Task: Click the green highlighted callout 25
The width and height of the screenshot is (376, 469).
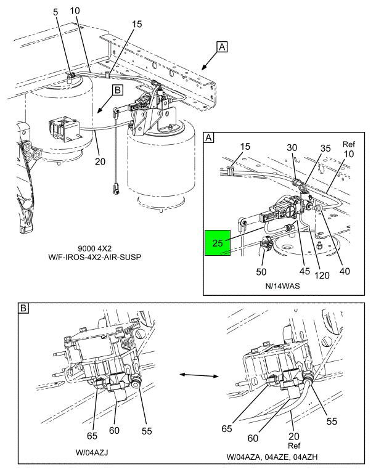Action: tap(218, 243)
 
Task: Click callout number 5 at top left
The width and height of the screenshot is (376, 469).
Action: tap(55, 12)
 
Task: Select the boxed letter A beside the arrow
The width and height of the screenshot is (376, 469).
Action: tap(222, 47)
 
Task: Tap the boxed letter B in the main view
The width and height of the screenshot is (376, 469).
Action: tap(118, 90)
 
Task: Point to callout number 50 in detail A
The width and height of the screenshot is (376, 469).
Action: tap(261, 272)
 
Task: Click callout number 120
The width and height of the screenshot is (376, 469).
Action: tap(322, 275)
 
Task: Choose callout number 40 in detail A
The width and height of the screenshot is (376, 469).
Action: tap(345, 271)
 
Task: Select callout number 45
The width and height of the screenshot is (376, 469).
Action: tap(304, 271)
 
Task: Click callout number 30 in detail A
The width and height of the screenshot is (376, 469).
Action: tap(292, 147)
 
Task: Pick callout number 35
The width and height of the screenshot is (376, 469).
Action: tap(325, 148)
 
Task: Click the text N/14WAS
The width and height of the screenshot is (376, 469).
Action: tap(282, 286)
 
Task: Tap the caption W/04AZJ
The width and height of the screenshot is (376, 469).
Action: tap(92, 452)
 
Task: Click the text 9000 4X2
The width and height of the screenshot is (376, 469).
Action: tap(94, 248)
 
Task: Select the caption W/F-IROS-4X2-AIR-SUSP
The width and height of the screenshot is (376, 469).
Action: tap(94, 256)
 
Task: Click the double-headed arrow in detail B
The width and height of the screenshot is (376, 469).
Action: tap(199, 375)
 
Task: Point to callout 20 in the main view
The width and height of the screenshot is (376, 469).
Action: tap(100, 161)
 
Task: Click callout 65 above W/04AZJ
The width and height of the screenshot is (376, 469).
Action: tap(92, 436)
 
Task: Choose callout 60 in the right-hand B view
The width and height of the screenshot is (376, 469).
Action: tap(253, 438)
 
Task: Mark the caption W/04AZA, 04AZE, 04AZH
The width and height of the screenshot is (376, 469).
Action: tap(272, 457)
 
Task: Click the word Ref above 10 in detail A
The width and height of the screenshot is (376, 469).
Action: tap(349, 144)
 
